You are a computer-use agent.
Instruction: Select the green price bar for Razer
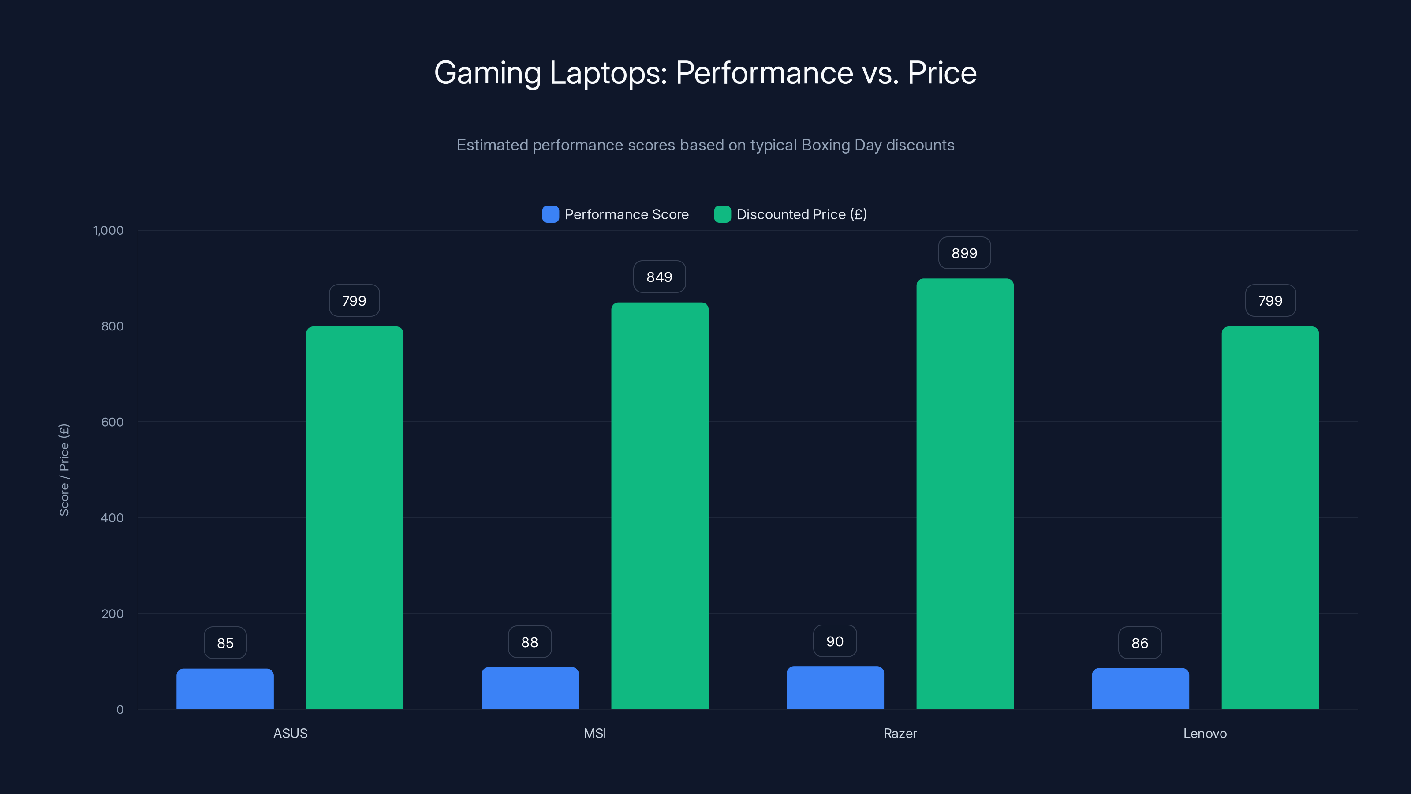tap(965, 493)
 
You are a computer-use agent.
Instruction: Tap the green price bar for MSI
tap(660, 505)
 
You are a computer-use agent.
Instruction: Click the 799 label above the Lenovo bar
tap(1270, 300)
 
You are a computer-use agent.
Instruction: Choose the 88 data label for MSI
tap(529, 642)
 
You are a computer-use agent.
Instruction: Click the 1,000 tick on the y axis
tap(108, 230)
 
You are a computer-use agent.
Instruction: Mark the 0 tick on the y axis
tap(119, 710)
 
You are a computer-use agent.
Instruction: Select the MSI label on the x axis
tap(594, 733)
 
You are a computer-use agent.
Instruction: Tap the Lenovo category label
tap(1205, 733)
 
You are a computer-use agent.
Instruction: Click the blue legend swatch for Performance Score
tap(550, 214)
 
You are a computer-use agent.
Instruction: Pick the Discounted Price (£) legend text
tap(801, 214)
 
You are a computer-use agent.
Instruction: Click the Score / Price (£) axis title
tap(64, 470)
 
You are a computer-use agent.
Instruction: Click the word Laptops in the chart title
tap(608, 72)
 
